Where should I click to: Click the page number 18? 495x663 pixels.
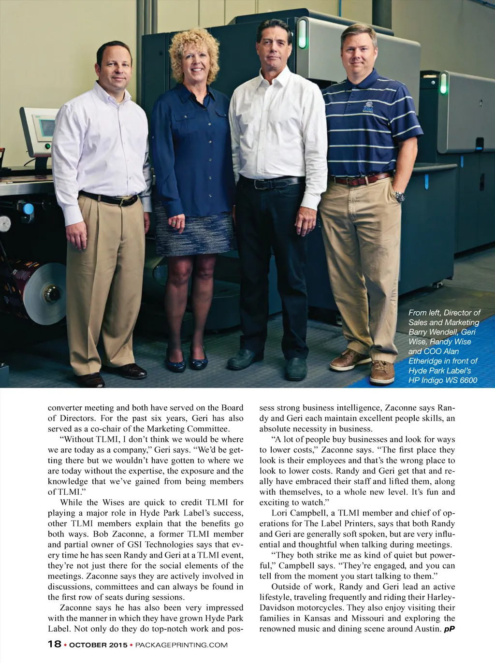click(54, 644)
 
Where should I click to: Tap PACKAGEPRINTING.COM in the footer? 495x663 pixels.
click(181, 645)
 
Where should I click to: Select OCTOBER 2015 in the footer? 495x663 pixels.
click(98, 645)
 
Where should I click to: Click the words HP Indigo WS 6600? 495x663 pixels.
click(442, 380)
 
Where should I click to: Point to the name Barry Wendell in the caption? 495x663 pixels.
click(434, 332)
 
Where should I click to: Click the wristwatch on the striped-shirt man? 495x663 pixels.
click(399, 196)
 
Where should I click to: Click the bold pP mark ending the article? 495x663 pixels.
click(449, 629)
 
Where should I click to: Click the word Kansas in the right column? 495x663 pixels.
click(317, 618)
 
